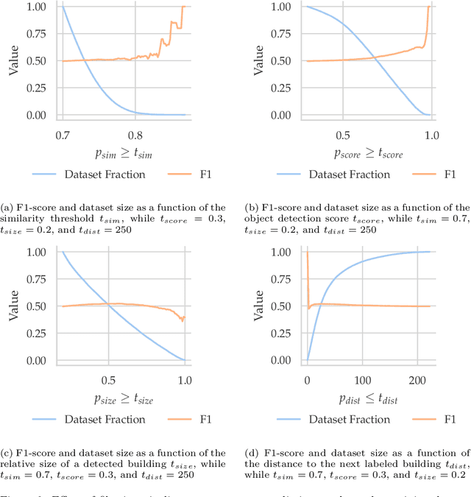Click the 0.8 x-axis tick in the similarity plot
tap(134, 135)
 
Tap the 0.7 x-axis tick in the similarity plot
tap(63, 135)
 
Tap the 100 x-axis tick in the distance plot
tap(361, 381)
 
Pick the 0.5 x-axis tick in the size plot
tap(108, 381)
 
